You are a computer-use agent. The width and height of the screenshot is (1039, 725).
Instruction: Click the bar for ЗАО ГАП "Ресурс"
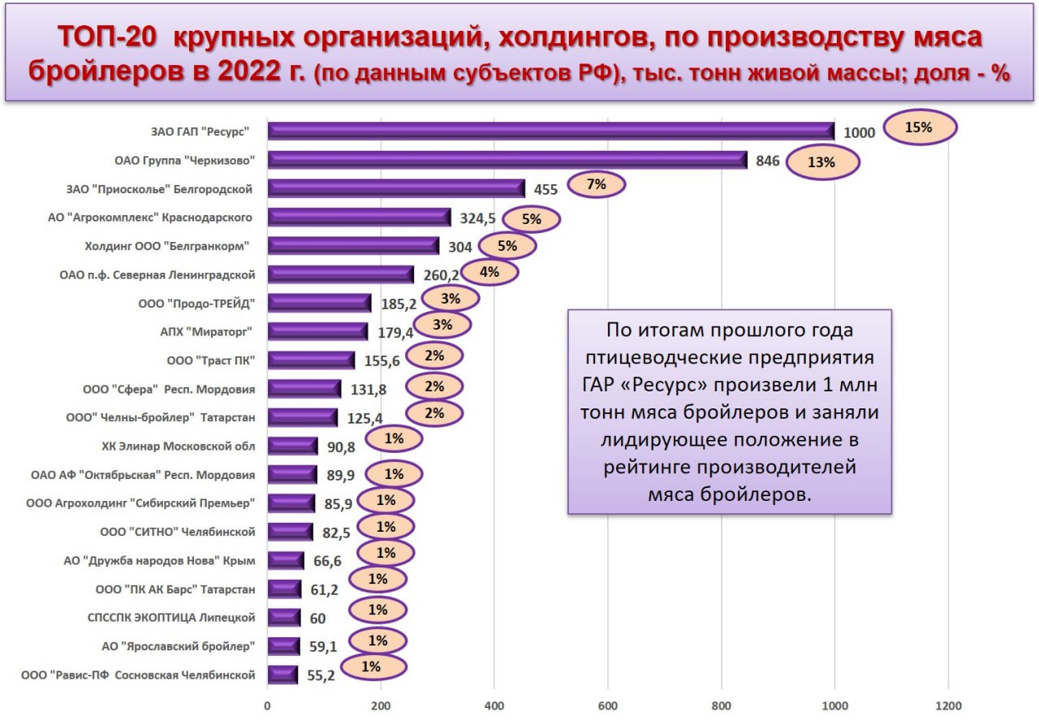click(x=550, y=131)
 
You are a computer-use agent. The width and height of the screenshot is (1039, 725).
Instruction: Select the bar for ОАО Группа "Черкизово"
click(x=507, y=160)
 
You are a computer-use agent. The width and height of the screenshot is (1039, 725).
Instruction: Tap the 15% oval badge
click(x=920, y=127)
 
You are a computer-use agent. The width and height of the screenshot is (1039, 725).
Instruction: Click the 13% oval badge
click(x=822, y=162)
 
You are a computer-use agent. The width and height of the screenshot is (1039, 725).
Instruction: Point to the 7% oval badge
click(x=597, y=184)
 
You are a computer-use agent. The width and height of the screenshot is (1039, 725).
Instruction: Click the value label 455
click(x=546, y=189)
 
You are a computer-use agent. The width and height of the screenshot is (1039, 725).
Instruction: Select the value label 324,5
click(x=476, y=218)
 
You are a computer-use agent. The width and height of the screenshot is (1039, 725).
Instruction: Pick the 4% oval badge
click(x=489, y=272)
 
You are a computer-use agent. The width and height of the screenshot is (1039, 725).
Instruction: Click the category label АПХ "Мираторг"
click(x=205, y=331)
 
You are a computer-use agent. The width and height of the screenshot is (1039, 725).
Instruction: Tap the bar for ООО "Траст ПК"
click(x=311, y=360)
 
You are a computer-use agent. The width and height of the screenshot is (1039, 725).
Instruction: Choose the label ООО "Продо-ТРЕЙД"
click(x=197, y=303)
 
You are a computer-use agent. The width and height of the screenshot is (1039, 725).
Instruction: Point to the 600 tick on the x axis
click(x=607, y=705)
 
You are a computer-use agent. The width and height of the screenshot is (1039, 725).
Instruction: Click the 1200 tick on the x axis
click(x=948, y=705)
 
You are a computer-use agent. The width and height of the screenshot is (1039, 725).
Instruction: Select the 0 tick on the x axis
click(x=267, y=705)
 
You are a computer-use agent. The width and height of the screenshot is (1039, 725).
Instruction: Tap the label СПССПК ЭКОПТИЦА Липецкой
click(x=171, y=618)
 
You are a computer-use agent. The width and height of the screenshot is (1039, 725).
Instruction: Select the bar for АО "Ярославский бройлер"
click(x=284, y=646)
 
